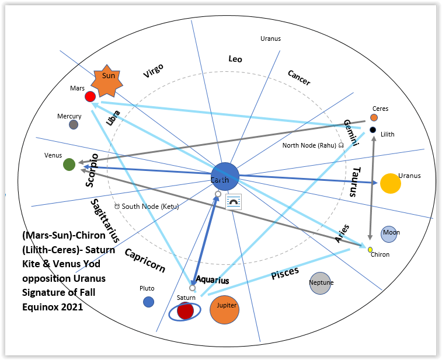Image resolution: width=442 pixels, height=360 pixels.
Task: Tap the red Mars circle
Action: coord(90,96)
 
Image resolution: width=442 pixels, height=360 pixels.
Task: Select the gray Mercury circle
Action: coord(74,124)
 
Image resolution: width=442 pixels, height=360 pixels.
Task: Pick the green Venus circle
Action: coord(69,165)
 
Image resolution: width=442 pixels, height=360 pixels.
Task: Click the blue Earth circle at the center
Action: coord(225,176)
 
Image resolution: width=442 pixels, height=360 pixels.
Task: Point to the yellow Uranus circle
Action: coord(390,183)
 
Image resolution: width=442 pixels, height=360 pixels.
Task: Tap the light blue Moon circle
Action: coord(390,234)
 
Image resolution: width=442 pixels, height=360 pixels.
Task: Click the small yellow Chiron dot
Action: coord(370,250)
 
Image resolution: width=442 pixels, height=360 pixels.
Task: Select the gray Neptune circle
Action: coord(321,283)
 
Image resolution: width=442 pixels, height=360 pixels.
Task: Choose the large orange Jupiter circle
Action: coord(225,309)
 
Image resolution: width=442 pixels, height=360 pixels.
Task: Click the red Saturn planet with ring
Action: coord(185,311)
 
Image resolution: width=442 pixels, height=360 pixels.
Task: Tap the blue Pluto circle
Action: coord(148,302)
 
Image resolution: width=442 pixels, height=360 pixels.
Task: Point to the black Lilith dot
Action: coord(373,130)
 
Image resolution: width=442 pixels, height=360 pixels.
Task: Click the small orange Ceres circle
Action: coord(374,117)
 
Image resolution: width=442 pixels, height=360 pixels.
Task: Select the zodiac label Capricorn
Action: coord(145,261)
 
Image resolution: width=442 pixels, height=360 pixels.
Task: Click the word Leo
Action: coord(235,59)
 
